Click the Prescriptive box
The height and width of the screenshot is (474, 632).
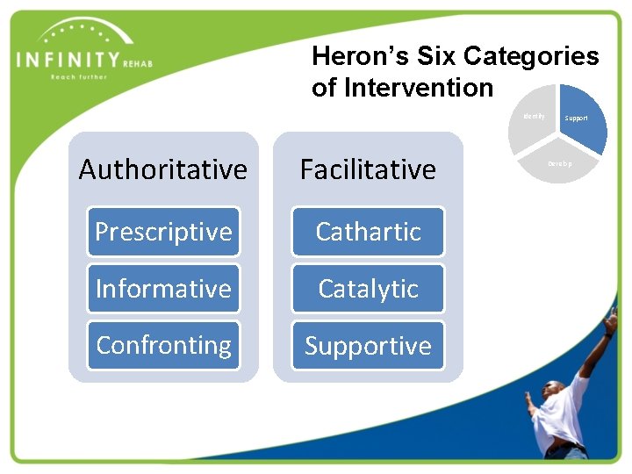163,232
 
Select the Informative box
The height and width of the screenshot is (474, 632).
163,289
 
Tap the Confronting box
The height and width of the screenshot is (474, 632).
163,346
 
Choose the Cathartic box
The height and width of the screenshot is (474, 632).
368,232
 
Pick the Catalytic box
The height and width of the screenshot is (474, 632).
368,289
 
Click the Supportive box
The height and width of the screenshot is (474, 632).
368,346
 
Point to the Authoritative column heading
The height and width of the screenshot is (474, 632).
163,169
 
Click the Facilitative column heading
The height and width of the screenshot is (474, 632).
368,169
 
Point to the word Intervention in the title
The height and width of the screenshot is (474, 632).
419,88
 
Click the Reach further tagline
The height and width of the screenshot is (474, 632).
79,77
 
